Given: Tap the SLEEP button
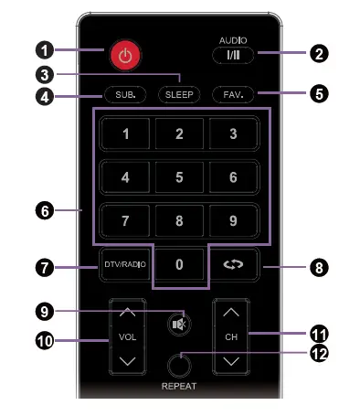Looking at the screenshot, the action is click(x=179, y=94).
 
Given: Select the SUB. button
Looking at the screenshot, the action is click(x=124, y=94).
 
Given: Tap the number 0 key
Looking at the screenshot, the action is click(x=179, y=265).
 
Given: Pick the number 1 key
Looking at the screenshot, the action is click(x=124, y=134).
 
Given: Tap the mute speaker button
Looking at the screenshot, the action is click(x=179, y=322).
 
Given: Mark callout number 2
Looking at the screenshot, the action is click(x=319, y=54).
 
